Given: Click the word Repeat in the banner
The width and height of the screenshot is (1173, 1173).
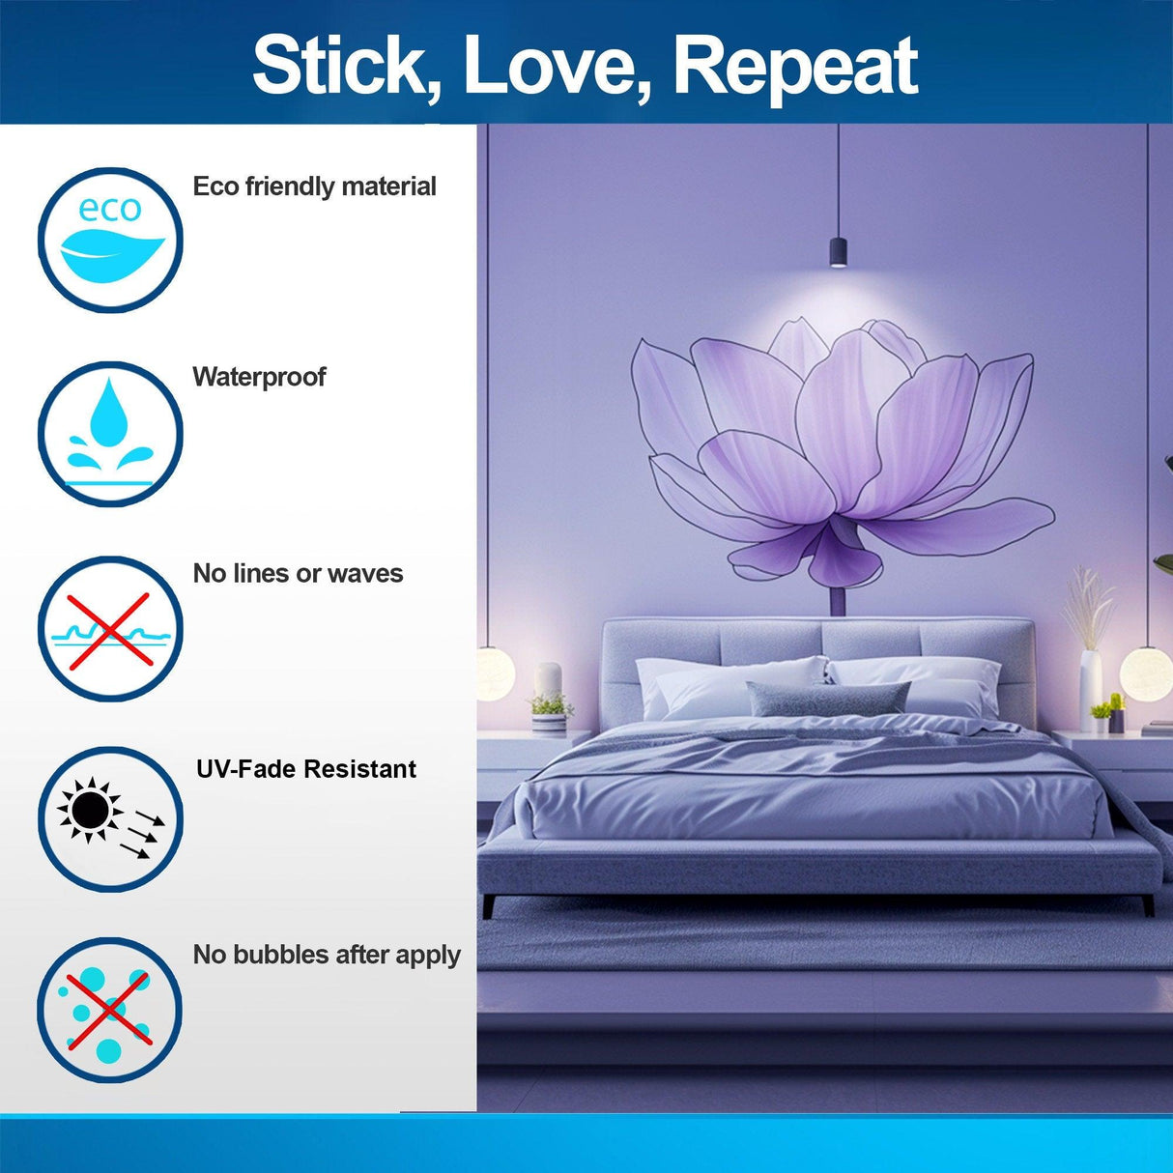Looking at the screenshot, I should point(794,66).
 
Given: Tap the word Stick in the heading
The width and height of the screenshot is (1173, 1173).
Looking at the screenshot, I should point(339,66).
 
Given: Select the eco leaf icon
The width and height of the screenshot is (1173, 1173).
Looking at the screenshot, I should point(110,241).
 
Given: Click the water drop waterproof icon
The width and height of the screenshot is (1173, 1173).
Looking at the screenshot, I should point(110,434).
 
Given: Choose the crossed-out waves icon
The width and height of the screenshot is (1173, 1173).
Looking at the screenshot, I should point(110,629).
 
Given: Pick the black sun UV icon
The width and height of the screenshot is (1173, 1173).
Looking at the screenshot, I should point(110,819).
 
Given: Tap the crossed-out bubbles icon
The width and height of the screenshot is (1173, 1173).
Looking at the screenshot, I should point(110,1010).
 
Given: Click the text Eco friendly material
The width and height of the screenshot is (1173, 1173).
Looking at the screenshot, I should point(314,186).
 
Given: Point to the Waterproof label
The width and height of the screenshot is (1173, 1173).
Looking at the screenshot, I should point(259,377).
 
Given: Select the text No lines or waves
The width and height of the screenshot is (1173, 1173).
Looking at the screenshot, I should point(298,574).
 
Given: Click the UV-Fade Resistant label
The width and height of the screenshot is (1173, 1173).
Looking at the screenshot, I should point(306,769).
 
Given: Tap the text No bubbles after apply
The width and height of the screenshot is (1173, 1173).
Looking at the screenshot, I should point(327,955).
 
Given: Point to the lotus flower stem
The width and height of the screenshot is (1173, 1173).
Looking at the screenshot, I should point(838,599).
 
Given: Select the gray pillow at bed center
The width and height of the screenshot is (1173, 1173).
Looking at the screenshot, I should point(828,698).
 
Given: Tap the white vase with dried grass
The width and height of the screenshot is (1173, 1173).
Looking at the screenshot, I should point(1090,681).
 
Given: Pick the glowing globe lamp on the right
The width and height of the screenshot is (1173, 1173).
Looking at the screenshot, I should point(1147,672).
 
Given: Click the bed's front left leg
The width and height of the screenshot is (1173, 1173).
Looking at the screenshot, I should point(489,906).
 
